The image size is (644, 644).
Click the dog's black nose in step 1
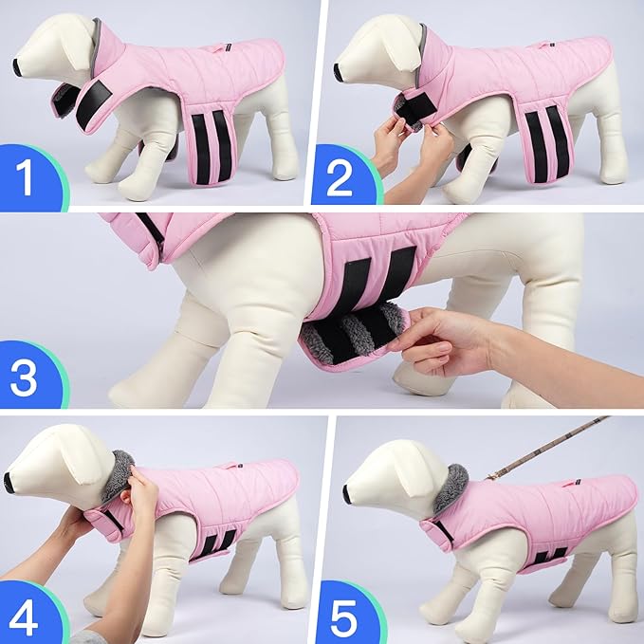click(18, 65)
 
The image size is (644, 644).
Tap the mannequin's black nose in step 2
click(339, 70)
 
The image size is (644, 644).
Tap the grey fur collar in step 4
click(121, 469)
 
